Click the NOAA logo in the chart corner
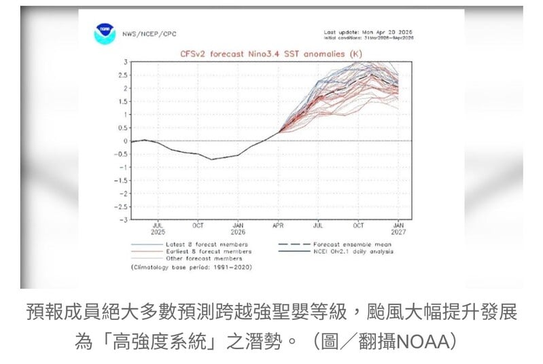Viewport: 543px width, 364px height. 104,33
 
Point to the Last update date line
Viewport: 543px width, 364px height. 368,32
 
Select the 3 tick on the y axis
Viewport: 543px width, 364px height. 126,62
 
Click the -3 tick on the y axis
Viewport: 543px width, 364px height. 124,219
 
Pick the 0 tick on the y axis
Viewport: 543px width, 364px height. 126,141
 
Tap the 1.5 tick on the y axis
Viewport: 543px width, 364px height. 124,101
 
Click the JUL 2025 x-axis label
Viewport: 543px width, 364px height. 158,228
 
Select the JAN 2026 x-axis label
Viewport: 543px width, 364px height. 239,228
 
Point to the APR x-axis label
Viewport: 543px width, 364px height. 279,225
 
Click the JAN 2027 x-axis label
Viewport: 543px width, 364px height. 399,228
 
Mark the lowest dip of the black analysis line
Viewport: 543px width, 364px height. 212,160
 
